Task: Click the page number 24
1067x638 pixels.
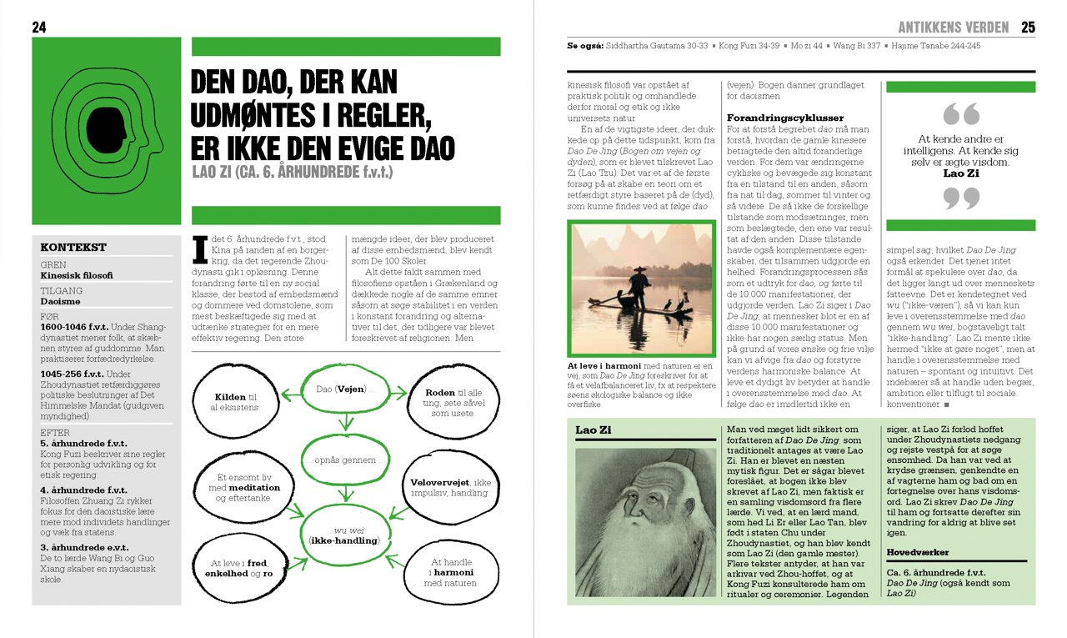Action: (39, 28)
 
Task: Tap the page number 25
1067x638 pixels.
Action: (1028, 28)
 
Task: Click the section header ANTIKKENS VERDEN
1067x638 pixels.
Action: (953, 28)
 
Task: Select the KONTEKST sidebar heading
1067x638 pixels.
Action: (73, 247)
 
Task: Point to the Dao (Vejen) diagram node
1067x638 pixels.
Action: (342, 390)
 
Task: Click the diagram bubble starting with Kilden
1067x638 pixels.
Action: (235, 401)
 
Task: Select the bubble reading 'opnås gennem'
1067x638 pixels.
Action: (342, 460)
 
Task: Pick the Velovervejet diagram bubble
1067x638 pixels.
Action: (450, 488)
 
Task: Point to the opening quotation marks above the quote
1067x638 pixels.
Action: (960, 113)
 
